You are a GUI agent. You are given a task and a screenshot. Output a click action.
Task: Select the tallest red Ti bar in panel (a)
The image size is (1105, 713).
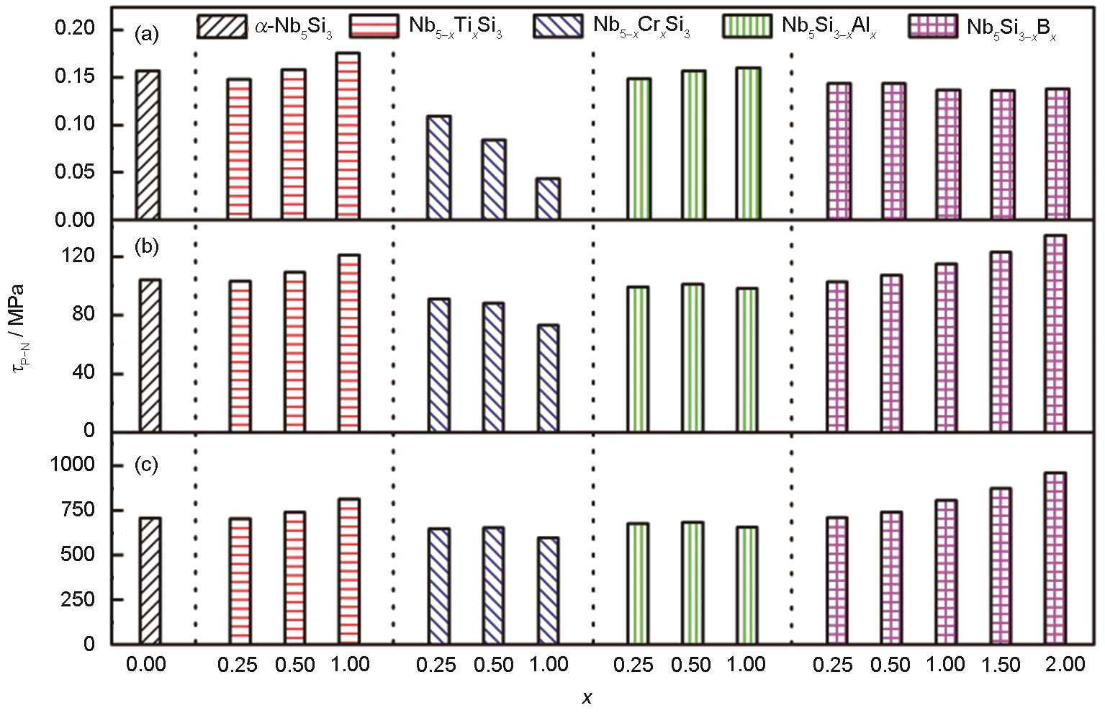[x=348, y=136]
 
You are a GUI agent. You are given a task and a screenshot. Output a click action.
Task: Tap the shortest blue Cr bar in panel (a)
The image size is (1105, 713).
[x=548, y=199]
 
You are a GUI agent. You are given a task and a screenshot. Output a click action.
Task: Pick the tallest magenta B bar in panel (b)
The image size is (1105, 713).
[x=1055, y=333]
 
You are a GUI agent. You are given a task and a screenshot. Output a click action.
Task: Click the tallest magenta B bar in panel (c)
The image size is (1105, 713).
[x=1055, y=558]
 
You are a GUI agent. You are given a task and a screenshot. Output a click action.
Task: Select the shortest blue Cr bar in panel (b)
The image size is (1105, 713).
[x=548, y=378]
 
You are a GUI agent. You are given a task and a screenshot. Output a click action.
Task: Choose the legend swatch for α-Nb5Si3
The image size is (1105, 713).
[x=221, y=26]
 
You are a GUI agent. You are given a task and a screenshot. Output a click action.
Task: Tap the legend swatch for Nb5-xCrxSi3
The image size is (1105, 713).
[x=559, y=26]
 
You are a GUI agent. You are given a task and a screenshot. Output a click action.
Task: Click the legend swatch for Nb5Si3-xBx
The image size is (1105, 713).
[x=933, y=26]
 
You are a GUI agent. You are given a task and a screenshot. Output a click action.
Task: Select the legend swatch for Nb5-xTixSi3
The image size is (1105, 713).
[x=373, y=26]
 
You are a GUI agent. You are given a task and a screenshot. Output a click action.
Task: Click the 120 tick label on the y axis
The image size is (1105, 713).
[x=79, y=257]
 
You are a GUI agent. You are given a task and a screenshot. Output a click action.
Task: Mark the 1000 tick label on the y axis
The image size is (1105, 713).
[x=72, y=465]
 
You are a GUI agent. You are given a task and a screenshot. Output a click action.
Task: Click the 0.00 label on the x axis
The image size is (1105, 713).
[x=145, y=664]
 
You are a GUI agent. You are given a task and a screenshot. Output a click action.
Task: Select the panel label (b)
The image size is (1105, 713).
[x=147, y=247]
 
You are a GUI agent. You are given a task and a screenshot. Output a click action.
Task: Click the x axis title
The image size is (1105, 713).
[x=587, y=697]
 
